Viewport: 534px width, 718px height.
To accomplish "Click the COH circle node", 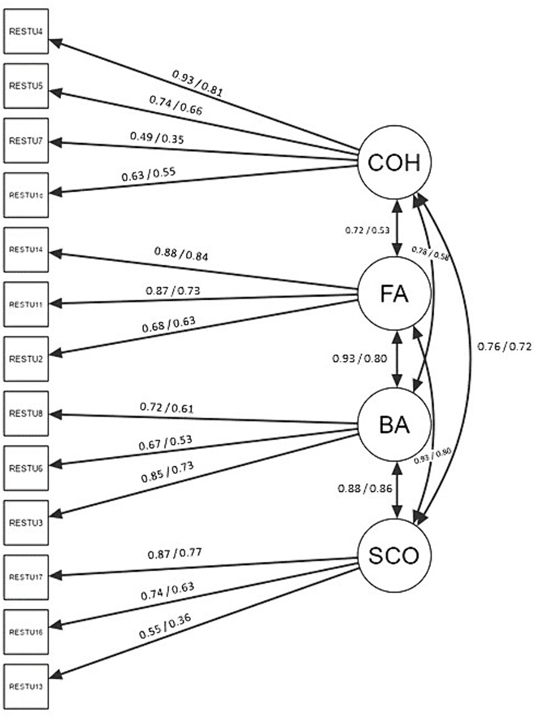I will (x=395, y=163).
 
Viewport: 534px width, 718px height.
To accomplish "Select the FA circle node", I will (x=395, y=294).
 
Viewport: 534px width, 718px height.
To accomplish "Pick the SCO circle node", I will (x=395, y=556).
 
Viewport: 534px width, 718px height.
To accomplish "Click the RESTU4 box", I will (x=26, y=31).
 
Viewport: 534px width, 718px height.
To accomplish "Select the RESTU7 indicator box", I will (x=26, y=140).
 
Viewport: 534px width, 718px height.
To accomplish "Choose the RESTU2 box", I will (x=26, y=359).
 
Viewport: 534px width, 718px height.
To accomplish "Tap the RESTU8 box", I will (x=26, y=413).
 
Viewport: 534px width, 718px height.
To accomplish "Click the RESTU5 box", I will (x=26, y=86).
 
